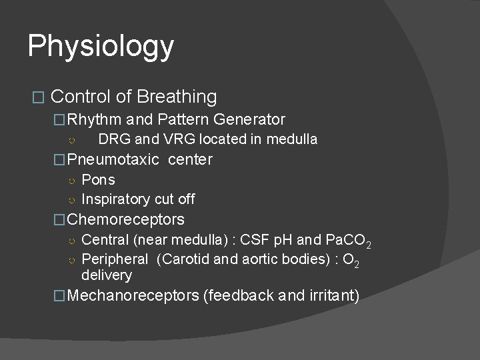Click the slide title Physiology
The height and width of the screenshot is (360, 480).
(x=101, y=47)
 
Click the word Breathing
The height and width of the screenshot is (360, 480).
(x=177, y=97)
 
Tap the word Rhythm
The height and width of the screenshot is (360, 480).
(x=94, y=120)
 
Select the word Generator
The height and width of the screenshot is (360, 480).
(x=251, y=120)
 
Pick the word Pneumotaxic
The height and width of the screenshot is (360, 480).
(x=113, y=159)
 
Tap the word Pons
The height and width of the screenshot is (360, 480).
(x=98, y=180)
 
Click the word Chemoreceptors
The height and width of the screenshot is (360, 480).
(x=127, y=219)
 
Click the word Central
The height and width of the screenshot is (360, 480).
(x=103, y=240)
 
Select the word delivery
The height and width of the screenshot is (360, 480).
(x=107, y=275)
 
